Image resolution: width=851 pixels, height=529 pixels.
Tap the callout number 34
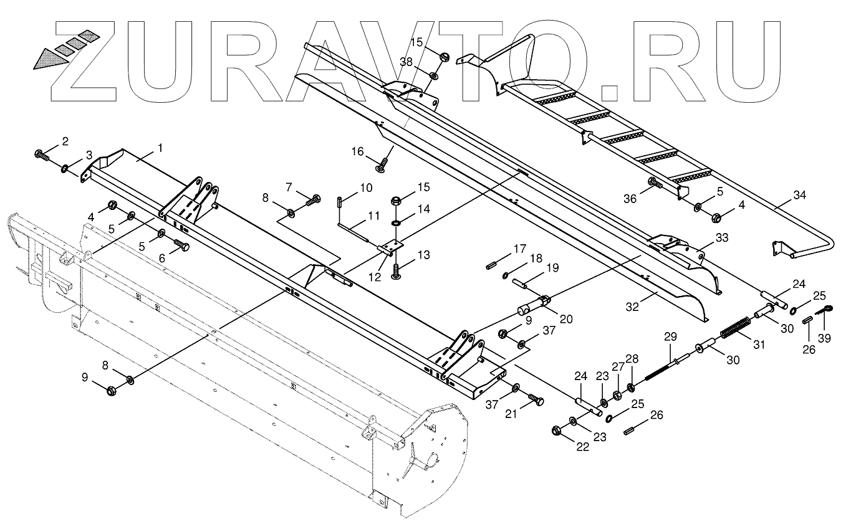pyautogui.click(x=800, y=196)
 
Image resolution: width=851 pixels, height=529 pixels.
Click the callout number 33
pyautogui.click(x=721, y=237)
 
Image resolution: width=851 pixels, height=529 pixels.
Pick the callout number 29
pyautogui.click(x=670, y=337)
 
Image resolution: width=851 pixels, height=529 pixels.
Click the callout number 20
pyautogui.click(x=565, y=319)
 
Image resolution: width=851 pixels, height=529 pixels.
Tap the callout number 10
pyautogui.click(x=366, y=188)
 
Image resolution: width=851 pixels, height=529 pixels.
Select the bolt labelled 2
pyautogui.click(x=42, y=153)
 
